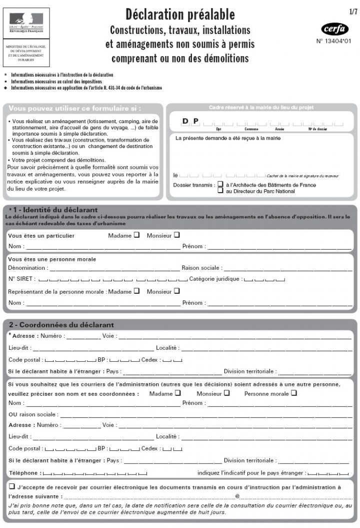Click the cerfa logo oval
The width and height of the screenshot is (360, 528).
pos(334,29)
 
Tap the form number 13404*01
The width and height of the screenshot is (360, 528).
pos(334,42)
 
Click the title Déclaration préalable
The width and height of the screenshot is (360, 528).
pos(180,14)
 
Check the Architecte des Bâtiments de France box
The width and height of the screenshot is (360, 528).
pos(220,184)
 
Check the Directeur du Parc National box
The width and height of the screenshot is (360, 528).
pos(220,191)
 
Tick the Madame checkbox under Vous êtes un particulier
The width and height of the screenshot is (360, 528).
pos(136,235)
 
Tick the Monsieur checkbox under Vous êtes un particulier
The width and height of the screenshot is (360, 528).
pos(176,235)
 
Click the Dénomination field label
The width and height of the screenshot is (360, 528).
pos(27,268)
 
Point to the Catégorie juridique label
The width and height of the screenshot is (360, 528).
pos(215,279)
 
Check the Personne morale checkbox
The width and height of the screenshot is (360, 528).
pos(294,393)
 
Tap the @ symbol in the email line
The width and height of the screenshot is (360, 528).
pos(237,496)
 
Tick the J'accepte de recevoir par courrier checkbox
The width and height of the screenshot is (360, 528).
pos(11,486)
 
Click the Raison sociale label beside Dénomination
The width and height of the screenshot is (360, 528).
pos(201,268)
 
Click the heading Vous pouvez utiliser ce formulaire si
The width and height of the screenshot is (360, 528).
pos(75,108)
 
